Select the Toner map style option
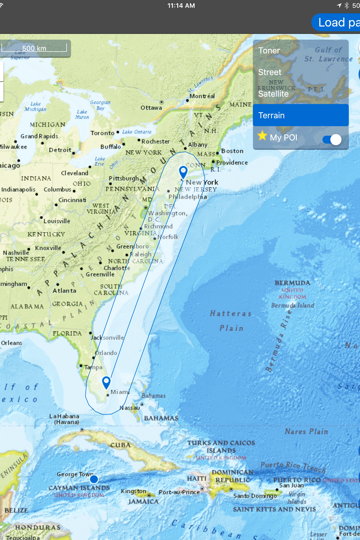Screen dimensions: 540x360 pos(269,51)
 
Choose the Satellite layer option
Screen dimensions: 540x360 pos(273,94)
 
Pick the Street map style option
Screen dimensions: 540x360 pos(270,72)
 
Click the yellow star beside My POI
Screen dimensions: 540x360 pos(262,136)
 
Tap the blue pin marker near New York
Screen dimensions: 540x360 pos(183,172)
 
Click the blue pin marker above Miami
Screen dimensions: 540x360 pos(106,382)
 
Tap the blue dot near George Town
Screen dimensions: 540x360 pos(94,479)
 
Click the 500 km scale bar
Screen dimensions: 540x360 pos(34,48)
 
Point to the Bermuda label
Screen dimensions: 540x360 pos(292,283)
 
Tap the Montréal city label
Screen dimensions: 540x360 pos(202,96)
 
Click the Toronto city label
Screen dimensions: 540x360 pos(102,133)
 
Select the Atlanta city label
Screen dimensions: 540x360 pos(64,291)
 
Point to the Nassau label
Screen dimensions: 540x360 pos(130,408)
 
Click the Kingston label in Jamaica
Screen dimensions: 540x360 pos(133,491)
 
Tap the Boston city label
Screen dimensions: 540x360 pos(232,151)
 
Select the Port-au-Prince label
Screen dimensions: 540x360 pos(179,492)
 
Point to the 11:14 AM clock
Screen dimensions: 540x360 pos(181,5)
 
